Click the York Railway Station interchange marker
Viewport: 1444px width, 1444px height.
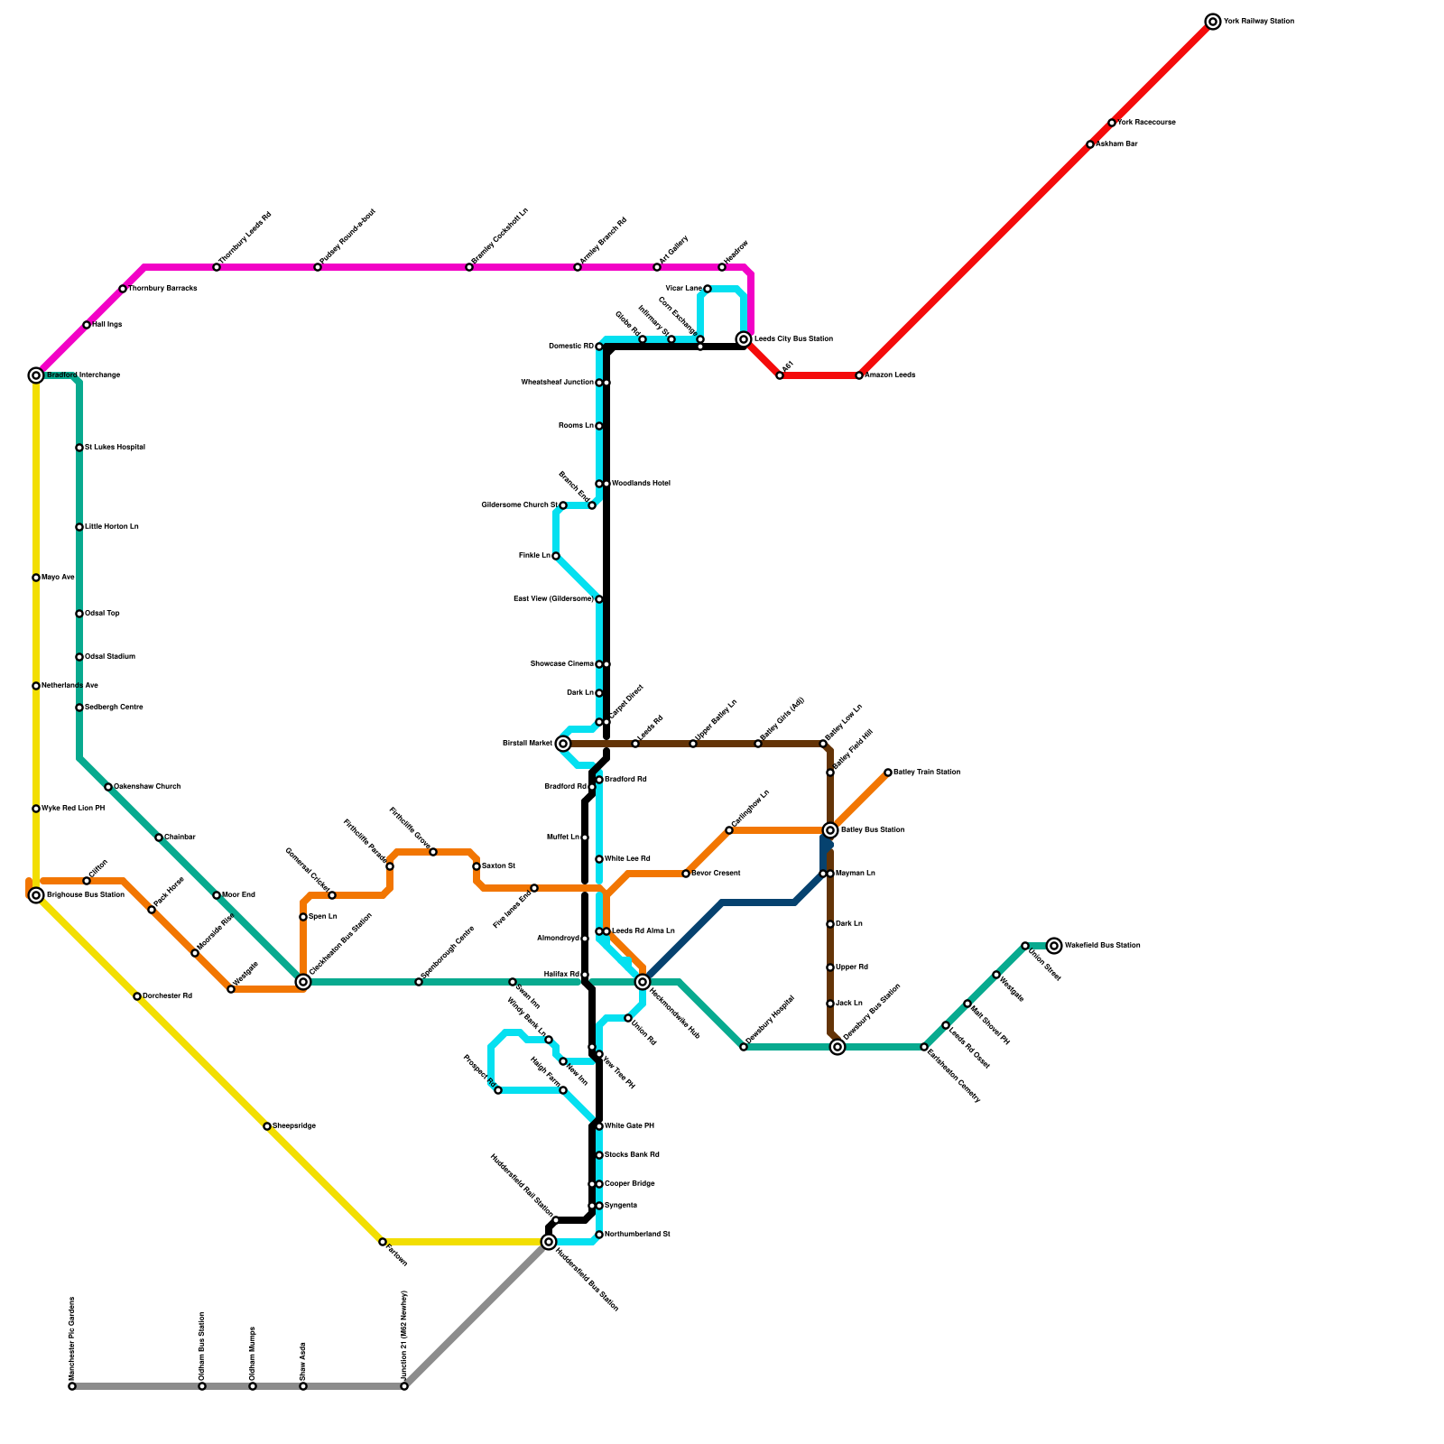(x=1213, y=22)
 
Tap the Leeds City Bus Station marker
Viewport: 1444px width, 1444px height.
(x=744, y=339)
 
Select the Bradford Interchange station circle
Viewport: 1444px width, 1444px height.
(x=36, y=375)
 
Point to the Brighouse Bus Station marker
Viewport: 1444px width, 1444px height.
(x=36, y=895)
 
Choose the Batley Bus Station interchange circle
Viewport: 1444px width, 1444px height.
(x=830, y=830)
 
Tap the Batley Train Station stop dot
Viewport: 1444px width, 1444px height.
(x=888, y=773)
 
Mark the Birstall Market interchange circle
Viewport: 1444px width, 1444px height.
(x=563, y=744)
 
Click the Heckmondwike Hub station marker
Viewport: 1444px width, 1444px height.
(x=643, y=982)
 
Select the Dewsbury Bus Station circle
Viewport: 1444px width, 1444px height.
(x=838, y=1047)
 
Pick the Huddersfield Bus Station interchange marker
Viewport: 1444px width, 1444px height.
(x=549, y=1242)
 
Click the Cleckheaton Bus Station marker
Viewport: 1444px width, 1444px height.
(x=303, y=982)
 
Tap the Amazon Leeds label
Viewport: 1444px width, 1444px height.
(x=891, y=375)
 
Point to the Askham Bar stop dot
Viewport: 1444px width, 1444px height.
(x=1090, y=144)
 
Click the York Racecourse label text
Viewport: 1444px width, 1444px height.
(x=1146, y=123)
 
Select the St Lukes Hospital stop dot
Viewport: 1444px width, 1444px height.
(x=79, y=448)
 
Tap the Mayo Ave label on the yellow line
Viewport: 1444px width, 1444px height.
(x=58, y=578)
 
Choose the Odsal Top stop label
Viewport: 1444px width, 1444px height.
(x=102, y=614)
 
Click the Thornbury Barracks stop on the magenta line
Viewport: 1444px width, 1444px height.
(x=123, y=289)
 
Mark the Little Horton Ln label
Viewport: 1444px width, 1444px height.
(x=112, y=527)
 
